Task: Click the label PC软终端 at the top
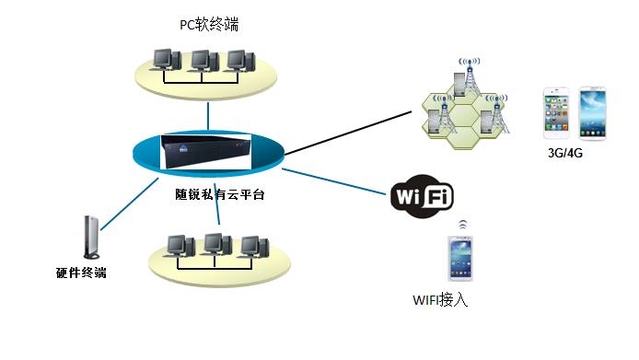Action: coord(210,24)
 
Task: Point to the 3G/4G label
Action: coord(565,154)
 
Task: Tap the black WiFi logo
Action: coord(422,195)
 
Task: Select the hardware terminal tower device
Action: coord(89,238)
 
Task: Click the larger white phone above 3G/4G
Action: coord(593,113)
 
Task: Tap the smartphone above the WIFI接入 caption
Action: coord(461,259)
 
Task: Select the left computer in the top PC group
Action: coord(165,62)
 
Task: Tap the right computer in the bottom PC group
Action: coord(252,246)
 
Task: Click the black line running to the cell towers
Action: coord(350,131)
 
